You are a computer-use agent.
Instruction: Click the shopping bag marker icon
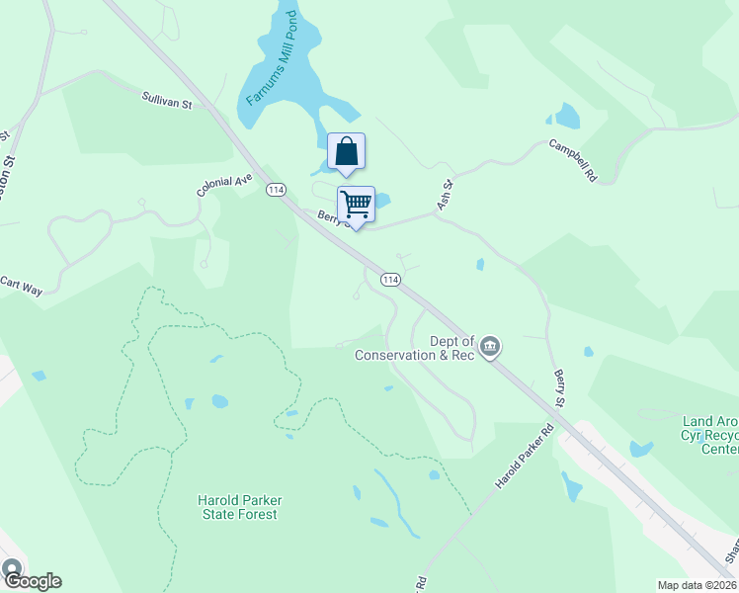pos(346,152)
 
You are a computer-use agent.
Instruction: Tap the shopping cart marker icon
pos(356,205)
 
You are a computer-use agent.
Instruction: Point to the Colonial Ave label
pos(224,186)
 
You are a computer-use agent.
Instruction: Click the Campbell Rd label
pos(574,159)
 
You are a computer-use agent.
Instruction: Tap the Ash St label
pos(445,195)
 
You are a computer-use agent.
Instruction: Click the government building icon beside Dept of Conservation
pos(490,347)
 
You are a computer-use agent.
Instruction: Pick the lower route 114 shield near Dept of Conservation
pos(391,280)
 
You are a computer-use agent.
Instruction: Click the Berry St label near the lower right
pos(559,386)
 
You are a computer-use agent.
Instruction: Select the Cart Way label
pos(21,286)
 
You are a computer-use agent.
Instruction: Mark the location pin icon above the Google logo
pos(11,569)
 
